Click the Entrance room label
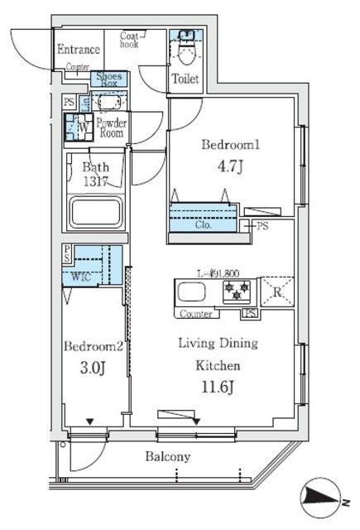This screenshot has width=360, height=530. coord(79,50)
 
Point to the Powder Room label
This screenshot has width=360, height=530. coord(110,128)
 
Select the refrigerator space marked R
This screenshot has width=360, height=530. coord(276,292)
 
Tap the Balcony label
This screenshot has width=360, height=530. coord(169,456)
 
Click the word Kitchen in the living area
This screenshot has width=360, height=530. coord(218,364)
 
